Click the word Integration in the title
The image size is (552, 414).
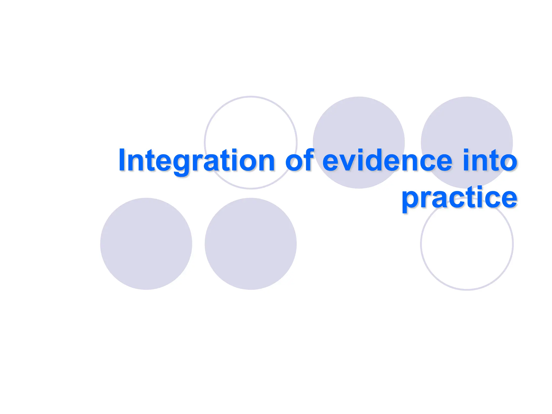(196, 161)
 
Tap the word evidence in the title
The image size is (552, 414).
(387, 161)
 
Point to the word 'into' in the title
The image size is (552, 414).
(490, 161)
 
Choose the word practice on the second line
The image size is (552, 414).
(459, 198)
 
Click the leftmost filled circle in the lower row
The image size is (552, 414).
(146, 244)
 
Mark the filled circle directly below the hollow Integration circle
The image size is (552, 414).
(251, 244)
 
